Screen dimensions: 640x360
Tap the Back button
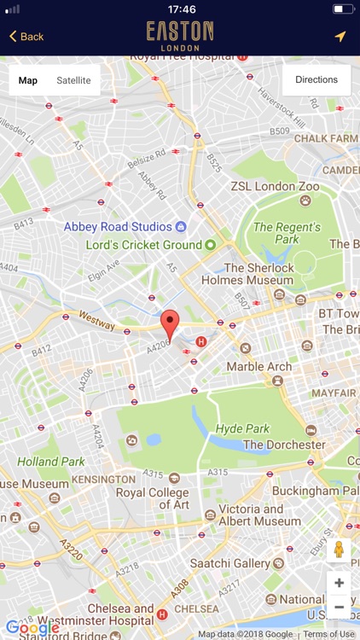click(26, 37)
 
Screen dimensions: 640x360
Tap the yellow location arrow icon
click(340, 37)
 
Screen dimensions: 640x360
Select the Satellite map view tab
click(73, 80)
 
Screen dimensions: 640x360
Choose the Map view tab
click(28, 80)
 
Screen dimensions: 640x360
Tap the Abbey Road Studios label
click(118, 227)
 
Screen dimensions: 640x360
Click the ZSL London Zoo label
click(275, 186)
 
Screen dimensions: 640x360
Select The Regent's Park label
click(287, 233)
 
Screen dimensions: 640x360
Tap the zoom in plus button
click(339, 583)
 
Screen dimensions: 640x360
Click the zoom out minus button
click(339, 607)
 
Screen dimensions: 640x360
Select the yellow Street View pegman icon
click(339, 550)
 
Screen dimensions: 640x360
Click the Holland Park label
click(51, 462)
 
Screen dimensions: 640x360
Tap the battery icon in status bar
click(342, 9)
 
